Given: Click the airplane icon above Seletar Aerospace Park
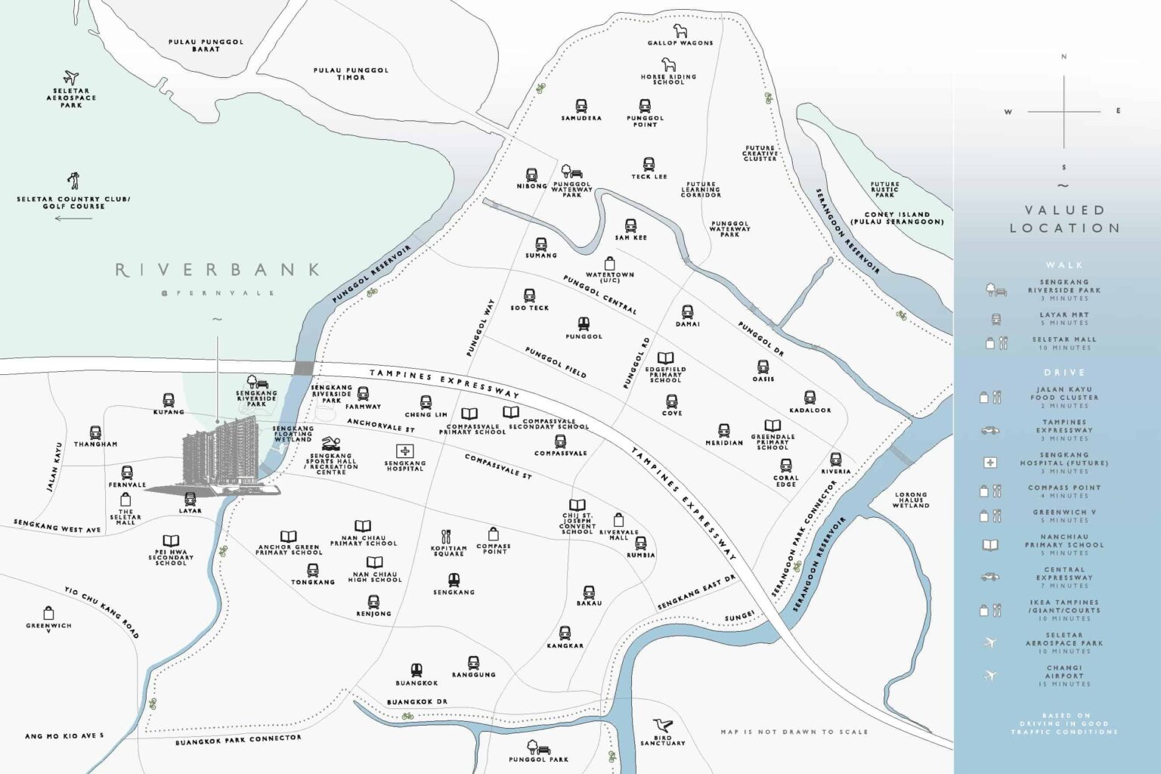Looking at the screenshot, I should coord(71,77).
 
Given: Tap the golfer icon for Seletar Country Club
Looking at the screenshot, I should coord(73,181).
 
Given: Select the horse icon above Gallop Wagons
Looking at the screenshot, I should coord(680,30).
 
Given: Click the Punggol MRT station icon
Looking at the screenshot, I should coord(584,324).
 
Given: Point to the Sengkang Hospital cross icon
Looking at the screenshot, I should coord(404,451).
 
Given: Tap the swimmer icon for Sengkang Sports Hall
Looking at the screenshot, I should coord(330,444).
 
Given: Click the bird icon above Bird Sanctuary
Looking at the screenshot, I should coord(663,726).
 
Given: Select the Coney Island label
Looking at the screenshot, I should coord(897,218).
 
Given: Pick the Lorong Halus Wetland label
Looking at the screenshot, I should coord(910,500).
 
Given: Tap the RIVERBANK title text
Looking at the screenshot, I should coord(217,270).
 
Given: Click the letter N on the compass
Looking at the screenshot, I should coord(1063,57).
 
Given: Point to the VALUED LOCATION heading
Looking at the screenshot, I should coord(1064,218).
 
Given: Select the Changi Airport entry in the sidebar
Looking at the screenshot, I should coord(1064,675).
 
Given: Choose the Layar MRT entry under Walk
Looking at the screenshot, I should coord(1064,318).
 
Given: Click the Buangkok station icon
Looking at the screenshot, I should coord(416,670).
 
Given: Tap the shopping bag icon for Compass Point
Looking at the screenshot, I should coord(493,534).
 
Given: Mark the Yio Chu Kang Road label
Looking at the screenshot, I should coord(101,612).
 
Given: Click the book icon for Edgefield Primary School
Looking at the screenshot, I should coord(665,358).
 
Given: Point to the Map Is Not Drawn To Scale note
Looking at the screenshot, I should coord(794,732).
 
